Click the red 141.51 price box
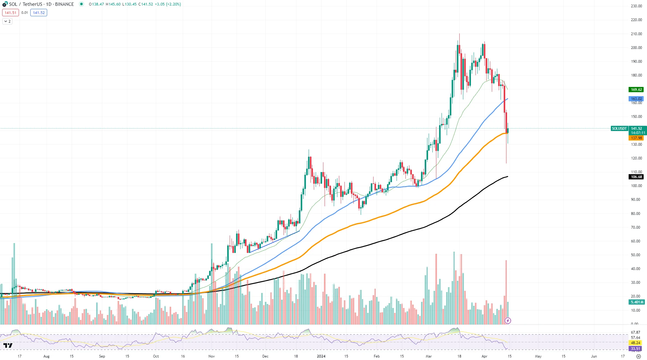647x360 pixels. [x=10, y=13]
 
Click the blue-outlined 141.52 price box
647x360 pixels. [x=39, y=13]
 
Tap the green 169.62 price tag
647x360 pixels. [x=636, y=90]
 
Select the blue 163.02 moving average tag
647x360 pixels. [x=636, y=99]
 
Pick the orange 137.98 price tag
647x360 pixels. [x=636, y=138]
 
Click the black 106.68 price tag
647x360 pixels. [x=636, y=177]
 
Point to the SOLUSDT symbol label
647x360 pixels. [x=619, y=129]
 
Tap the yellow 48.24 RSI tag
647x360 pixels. [x=636, y=343]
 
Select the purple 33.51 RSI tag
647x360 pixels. [x=636, y=349]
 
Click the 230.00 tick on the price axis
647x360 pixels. [x=636, y=6]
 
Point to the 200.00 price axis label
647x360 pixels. [x=636, y=48]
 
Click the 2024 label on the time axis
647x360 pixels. [x=321, y=356]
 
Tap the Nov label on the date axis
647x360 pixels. [x=211, y=356]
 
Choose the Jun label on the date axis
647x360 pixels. [x=594, y=356]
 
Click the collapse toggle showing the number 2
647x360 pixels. [x=7, y=21]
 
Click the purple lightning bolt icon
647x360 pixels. [x=508, y=321]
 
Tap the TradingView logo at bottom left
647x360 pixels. [x=8, y=346]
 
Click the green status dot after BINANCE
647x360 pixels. [x=81, y=4]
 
